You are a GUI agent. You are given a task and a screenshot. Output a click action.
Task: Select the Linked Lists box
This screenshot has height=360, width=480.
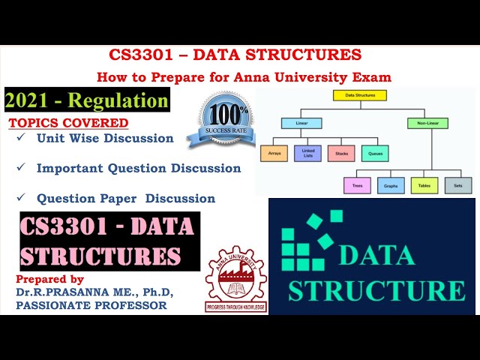308,153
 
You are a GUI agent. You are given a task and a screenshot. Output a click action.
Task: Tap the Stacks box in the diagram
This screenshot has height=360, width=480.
341,153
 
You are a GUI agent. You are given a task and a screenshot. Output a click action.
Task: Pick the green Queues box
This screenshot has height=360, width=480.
374,153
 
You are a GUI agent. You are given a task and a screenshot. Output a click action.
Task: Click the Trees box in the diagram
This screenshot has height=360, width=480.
357,184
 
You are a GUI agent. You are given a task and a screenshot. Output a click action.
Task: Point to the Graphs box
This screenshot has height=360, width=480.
391,184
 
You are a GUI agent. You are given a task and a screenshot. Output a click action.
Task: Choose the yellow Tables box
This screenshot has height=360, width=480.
424,184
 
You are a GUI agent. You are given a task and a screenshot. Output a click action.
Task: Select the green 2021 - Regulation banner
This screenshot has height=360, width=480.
87,100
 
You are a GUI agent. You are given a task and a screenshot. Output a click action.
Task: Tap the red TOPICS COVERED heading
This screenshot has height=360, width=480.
68,123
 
